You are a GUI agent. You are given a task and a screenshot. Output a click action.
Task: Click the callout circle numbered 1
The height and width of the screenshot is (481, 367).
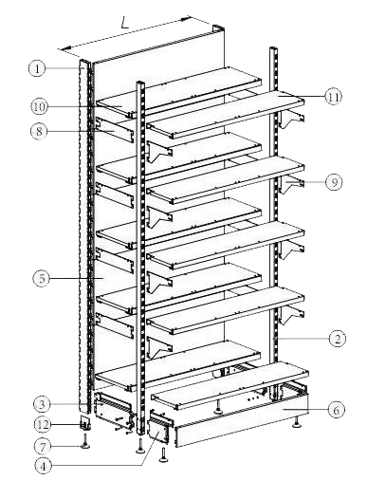coord(37,68)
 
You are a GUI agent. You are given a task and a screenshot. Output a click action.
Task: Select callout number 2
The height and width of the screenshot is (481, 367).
coord(338,339)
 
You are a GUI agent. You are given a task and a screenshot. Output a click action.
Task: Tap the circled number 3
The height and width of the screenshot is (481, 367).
coord(43,404)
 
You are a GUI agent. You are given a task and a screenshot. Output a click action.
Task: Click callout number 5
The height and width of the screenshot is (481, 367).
coord(42,278)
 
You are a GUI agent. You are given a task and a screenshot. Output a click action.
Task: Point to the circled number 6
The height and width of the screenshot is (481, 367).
coord(336,410)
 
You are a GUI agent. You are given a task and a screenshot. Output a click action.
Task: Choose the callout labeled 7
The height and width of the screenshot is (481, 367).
coord(43,446)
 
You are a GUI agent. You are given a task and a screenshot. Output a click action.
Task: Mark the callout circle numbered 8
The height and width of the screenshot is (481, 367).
coord(39,131)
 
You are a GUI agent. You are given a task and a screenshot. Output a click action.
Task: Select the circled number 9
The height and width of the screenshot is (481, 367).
coord(334,182)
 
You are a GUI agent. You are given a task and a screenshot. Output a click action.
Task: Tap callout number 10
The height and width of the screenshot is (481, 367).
coord(40,106)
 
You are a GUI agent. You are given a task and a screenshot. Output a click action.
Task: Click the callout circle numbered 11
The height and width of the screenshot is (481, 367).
coord(334,96)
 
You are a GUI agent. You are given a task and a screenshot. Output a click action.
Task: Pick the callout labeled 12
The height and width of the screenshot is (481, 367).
coord(43,424)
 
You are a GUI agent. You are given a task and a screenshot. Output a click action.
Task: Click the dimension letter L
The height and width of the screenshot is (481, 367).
coord(125,23)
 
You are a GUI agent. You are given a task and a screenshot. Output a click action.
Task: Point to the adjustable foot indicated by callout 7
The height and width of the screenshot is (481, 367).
coord(84,441)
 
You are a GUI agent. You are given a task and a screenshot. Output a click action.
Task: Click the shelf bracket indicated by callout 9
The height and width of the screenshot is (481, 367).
coord(291,184)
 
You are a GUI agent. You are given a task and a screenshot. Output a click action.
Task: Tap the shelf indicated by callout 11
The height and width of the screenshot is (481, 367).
coord(226,115)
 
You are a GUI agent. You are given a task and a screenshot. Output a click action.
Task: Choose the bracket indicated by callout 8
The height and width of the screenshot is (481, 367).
coord(115,130)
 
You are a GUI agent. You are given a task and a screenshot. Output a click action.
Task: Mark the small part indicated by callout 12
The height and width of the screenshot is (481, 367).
coord(85,423)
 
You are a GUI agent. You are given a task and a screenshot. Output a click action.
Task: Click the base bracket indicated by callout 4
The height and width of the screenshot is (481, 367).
coord(159,427)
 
